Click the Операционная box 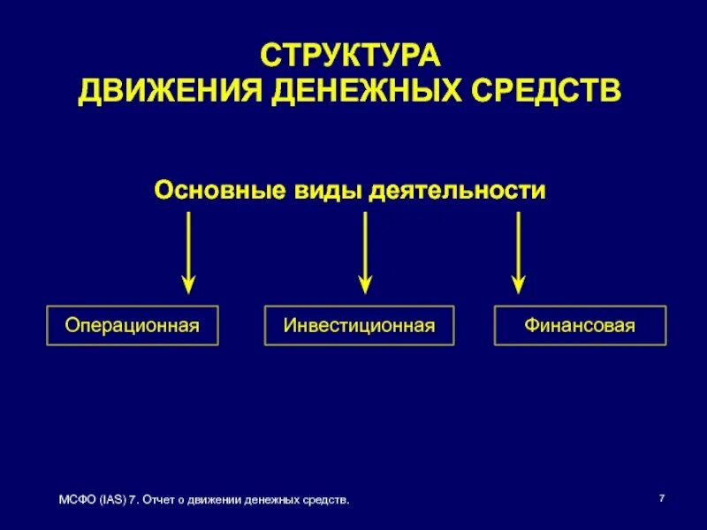[133, 326]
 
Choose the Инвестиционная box [360, 326]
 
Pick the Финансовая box [580, 326]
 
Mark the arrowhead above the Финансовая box [519, 284]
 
